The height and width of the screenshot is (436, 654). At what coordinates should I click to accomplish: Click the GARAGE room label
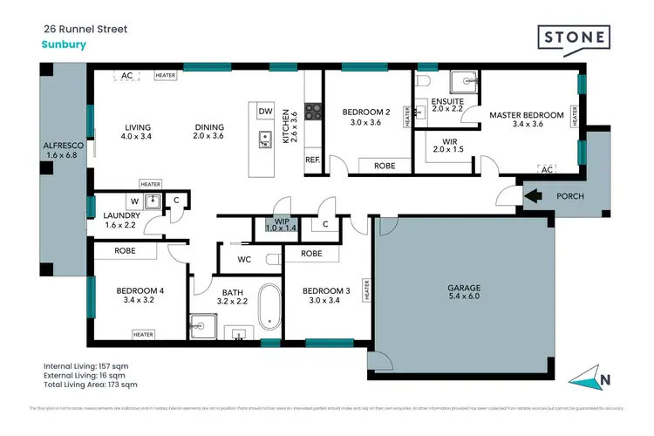464,288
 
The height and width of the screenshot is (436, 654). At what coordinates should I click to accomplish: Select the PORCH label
569,196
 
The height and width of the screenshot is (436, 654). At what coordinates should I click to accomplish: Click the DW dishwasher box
265,112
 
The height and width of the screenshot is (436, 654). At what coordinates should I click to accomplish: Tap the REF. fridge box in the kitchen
311,160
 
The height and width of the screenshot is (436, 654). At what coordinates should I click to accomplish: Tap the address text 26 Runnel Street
85,29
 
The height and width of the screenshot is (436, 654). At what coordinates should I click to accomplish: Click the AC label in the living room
126,75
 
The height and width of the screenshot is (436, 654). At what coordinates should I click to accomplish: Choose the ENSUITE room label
447,100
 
